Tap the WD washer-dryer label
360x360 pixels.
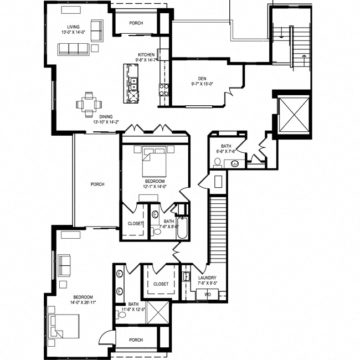(x=208, y=295)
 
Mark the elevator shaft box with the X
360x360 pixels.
(x=292, y=114)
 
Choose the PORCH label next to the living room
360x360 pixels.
(x=136, y=23)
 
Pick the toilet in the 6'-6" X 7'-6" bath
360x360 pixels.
(x=218, y=162)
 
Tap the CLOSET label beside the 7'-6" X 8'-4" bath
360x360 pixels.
(x=135, y=223)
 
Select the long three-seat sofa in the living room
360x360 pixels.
(x=75, y=49)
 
